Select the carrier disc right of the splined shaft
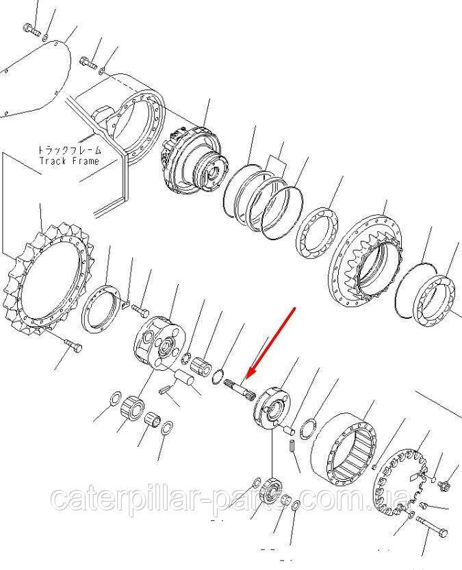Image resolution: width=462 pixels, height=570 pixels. [x=272, y=408]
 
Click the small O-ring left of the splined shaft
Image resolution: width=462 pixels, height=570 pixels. [x=217, y=374]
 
